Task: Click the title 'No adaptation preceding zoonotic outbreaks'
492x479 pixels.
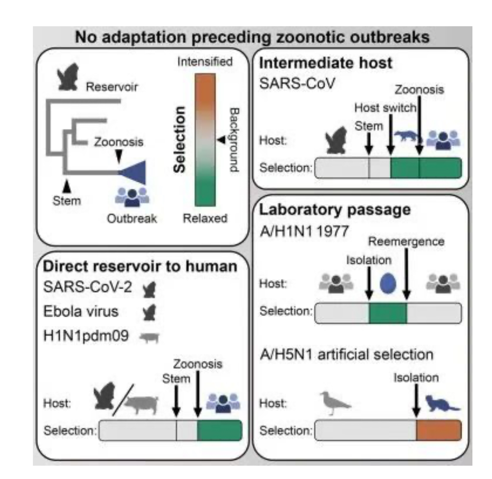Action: click(x=252, y=37)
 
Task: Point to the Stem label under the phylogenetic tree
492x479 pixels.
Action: click(x=67, y=201)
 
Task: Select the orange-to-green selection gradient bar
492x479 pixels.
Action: click(x=205, y=140)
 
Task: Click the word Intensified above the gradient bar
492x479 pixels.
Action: click(x=205, y=62)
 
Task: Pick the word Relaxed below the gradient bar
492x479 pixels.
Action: click(x=205, y=218)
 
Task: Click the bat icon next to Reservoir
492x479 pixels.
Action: click(x=68, y=77)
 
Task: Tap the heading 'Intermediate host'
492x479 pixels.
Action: click(x=326, y=63)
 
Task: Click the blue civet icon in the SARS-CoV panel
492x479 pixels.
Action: click(x=407, y=136)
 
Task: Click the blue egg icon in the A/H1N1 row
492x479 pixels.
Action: click(x=388, y=283)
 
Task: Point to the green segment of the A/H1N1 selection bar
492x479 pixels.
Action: click(x=388, y=313)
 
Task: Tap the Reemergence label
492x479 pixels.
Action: click(x=406, y=242)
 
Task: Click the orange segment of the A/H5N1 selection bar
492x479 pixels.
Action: click(x=439, y=430)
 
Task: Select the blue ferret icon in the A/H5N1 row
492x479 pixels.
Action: click(x=442, y=403)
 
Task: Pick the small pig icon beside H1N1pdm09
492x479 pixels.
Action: click(x=150, y=337)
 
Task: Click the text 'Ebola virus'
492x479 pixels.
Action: click(x=81, y=311)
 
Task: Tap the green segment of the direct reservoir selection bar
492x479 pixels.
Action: click(x=219, y=430)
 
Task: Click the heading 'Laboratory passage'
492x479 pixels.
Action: click(x=335, y=210)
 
